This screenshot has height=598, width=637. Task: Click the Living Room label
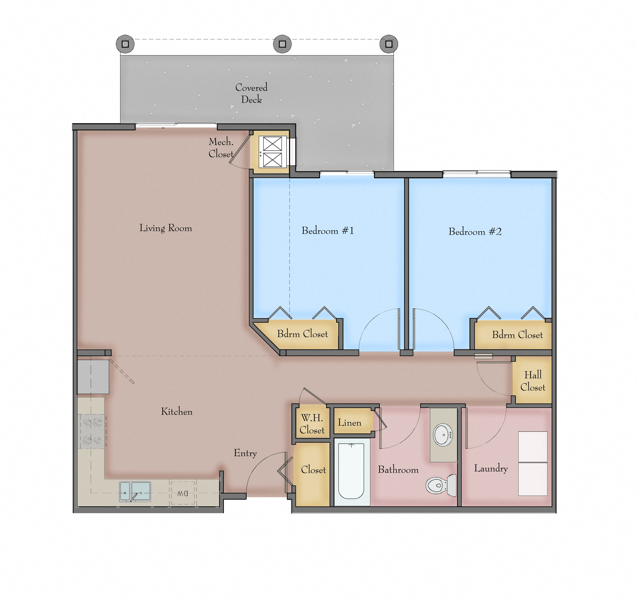tap(166, 228)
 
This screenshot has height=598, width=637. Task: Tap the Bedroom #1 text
tap(327, 231)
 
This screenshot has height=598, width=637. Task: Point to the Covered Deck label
tap(251, 93)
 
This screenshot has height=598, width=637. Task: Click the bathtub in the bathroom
tap(351, 471)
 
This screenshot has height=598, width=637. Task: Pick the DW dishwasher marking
tap(183, 493)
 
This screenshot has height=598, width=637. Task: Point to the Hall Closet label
tap(533, 381)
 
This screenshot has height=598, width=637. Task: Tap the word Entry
tap(245, 453)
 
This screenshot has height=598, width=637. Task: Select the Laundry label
tap(491, 468)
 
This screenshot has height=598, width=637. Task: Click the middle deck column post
tap(282, 44)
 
